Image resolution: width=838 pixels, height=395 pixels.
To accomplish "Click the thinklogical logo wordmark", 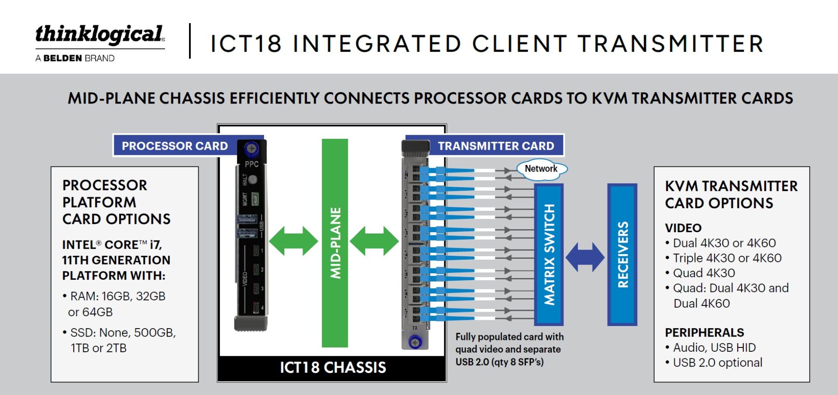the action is point(100,35).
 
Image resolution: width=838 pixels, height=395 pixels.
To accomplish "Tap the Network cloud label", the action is point(541,169).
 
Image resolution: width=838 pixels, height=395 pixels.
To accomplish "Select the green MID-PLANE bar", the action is point(335,243).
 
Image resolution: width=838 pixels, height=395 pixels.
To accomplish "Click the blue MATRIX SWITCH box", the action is point(549,254).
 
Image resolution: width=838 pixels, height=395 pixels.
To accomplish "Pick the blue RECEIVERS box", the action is point(622,254).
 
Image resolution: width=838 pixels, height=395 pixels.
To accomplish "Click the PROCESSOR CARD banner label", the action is point(175,146).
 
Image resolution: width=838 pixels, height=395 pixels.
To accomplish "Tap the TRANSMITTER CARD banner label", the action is point(496,146).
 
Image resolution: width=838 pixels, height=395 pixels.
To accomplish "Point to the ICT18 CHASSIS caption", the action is point(333,368).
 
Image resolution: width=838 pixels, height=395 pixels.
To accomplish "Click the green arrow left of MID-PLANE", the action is point(293,241).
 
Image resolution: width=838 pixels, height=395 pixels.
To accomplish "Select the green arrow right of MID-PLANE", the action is point(374,241).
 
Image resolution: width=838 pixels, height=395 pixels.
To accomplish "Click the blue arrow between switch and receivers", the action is point(585,257).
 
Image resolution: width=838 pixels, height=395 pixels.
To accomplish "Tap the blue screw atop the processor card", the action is point(251,148).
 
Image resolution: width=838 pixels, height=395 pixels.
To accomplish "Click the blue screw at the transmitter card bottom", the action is point(415,342).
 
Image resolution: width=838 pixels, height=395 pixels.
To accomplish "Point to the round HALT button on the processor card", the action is point(252,180).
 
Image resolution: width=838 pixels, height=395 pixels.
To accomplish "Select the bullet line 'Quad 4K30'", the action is point(700,273).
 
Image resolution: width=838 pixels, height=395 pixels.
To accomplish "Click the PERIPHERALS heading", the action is point(704,333).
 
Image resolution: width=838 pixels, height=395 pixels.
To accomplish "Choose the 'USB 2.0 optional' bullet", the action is point(714,363).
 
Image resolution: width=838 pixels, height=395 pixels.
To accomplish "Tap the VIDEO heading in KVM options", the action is point(683,228).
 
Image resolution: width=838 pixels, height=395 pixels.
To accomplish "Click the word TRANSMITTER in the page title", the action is point(671,44).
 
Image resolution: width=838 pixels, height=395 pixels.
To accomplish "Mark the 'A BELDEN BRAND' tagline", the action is point(75,58).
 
